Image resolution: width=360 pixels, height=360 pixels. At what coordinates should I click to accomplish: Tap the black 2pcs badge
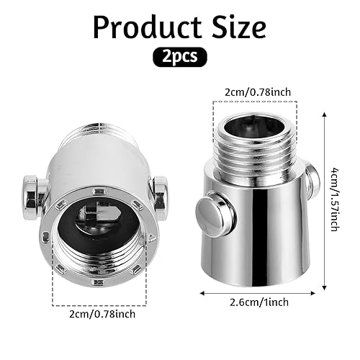[x=180, y=57]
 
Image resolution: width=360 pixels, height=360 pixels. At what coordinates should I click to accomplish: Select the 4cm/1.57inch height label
[x=335, y=199]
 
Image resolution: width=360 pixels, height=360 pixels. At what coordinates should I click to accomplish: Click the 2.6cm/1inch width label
[x=259, y=302]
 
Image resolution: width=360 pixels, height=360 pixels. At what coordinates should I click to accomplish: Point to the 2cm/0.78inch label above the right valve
[x=258, y=92]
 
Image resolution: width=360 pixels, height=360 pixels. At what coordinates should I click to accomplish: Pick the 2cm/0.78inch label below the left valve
[x=102, y=314]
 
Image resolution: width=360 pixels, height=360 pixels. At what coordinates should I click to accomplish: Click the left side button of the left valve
[x=35, y=197]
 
